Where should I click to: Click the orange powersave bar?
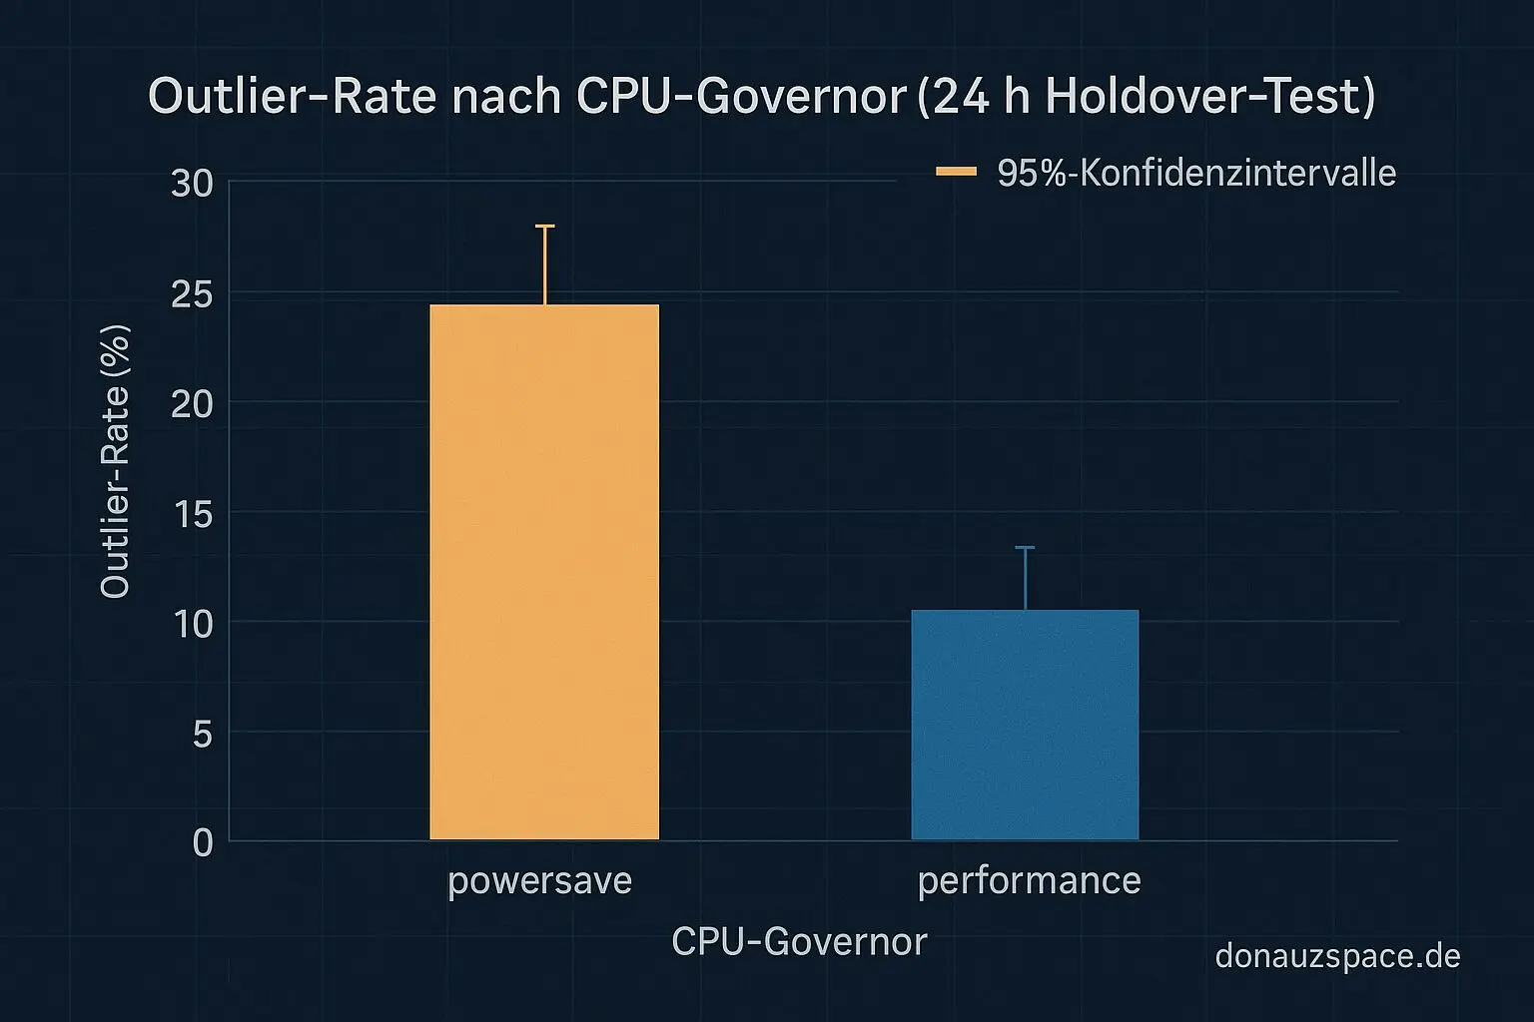pyautogui.click(x=544, y=572)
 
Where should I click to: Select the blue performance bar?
pyautogui.click(x=1025, y=725)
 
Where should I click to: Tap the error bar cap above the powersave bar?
pyautogui.click(x=544, y=227)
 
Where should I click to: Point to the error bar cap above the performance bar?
pyautogui.click(x=1025, y=548)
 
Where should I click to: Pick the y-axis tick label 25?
pyautogui.click(x=192, y=293)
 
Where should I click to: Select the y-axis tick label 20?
pyautogui.click(x=192, y=403)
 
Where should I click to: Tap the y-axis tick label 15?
pyautogui.click(x=192, y=514)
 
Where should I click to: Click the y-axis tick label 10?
pyautogui.click(x=192, y=624)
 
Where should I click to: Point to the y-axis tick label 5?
pyautogui.click(x=202, y=735)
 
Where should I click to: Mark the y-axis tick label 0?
pyautogui.click(x=202, y=843)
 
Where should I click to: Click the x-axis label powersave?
pyautogui.click(x=539, y=881)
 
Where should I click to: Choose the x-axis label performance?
pyautogui.click(x=1029, y=881)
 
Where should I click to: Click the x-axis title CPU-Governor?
pyautogui.click(x=799, y=941)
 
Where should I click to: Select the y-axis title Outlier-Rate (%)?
pyautogui.click(x=116, y=461)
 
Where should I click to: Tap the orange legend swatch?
pyautogui.click(x=956, y=172)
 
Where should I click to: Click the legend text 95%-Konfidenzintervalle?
pyautogui.click(x=1196, y=173)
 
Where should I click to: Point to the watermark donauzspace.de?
pyautogui.click(x=1337, y=956)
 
